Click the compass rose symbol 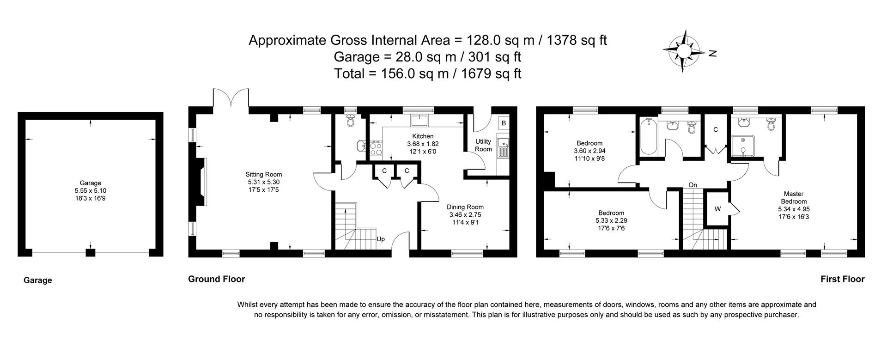pyautogui.click(x=684, y=51)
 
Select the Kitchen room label pyautogui.click(x=423, y=136)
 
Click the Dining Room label pyautogui.click(x=465, y=207)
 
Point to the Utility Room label pyautogui.click(x=483, y=145)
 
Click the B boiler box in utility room pyautogui.click(x=504, y=123)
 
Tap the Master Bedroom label pyautogui.click(x=793, y=198)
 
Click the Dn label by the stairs pyautogui.click(x=693, y=185)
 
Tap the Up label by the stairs pyautogui.click(x=381, y=239)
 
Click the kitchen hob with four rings pyautogui.click(x=376, y=148)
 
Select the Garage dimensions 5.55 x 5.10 pyautogui.click(x=91, y=190)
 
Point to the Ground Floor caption pyautogui.click(x=216, y=279)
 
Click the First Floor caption pyautogui.click(x=842, y=279)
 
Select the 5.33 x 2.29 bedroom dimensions pyautogui.click(x=611, y=220)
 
